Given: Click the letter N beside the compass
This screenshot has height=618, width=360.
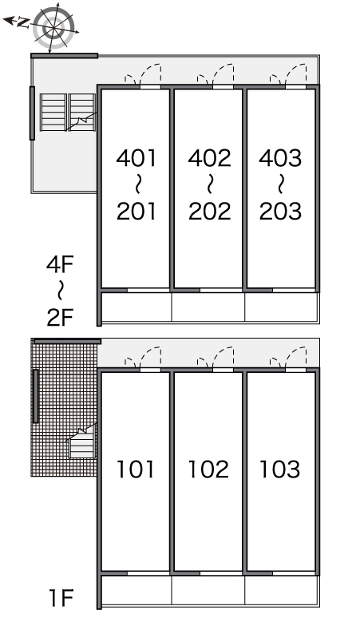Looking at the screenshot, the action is click(x=22, y=23).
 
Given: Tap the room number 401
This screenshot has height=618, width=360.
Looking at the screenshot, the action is click(x=136, y=157).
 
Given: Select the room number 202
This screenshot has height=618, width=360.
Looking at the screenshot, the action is click(x=210, y=211).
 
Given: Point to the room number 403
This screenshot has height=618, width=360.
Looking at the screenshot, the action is click(x=280, y=157).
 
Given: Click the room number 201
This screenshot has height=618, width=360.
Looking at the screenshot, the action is click(x=136, y=211).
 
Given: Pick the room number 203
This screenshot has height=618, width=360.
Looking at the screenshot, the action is click(x=280, y=211).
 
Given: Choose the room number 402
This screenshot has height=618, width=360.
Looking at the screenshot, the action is click(x=210, y=157).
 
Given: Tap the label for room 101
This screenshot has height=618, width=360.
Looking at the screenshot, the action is click(x=135, y=469).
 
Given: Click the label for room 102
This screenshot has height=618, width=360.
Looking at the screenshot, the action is click(x=208, y=469).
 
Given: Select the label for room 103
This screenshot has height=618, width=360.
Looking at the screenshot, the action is click(x=279, y=469).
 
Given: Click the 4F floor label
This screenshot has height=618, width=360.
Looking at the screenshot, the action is click(x=60, y=264).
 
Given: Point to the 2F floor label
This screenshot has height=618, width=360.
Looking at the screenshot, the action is click(x=60, y=317).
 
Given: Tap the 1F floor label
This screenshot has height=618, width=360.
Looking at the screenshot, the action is click(x=61, y=597).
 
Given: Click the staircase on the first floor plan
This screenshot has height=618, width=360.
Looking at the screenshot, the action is click(x=82, y=442).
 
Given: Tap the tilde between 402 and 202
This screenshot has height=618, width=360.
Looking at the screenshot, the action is click(x=210, y=184).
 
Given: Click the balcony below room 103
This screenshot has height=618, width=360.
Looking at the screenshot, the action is click(x=281, y=589).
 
